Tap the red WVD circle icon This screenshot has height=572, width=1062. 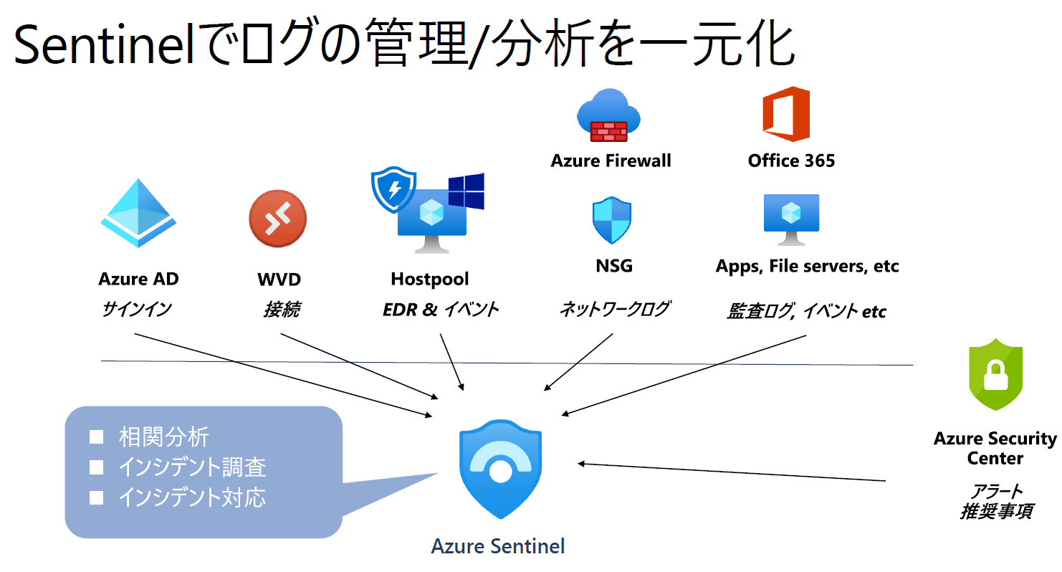pyautogui.click(x=277, y=219)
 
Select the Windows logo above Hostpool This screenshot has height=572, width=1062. pyautogui.click(x=466, y=191)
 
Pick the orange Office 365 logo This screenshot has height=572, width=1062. pyautogui.click(x=786, y=114)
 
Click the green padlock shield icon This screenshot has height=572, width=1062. pyautogui.click(x=995, y=374)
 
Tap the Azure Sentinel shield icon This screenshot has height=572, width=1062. pyautogui.click(x=500, y=470)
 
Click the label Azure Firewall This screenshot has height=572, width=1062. pyautogui.click(x=611, y=161)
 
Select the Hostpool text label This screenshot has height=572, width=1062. pyautogui.click(x=430, y=278)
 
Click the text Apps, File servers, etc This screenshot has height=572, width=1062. pyautogui.click(x=807, y=267)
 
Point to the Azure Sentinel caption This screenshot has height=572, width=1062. pyautogui.click(x=498, y=546)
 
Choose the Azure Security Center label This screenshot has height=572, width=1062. pyautogui.click(x=995, y=448)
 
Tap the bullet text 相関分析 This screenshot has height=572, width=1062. pyautogui.click(x=164, y=437)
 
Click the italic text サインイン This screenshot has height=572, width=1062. pyautogui.click(x=137, y=309)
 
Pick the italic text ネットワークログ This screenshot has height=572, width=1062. pyautogui.click(x=614, y=309)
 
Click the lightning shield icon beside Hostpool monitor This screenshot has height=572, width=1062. pyautogui.click(x=393, y=191)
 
